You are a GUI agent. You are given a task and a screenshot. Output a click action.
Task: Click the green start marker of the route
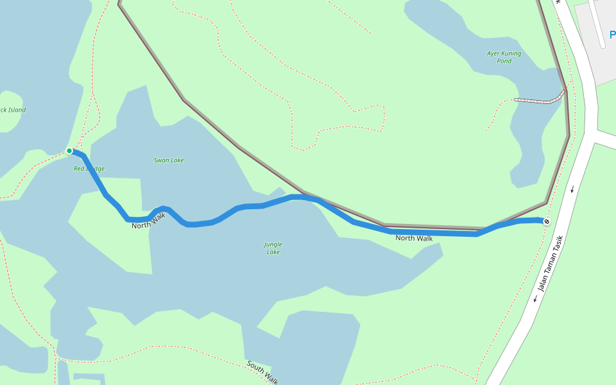(69, 151)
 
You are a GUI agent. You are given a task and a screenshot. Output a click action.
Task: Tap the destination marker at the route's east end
(547, 221)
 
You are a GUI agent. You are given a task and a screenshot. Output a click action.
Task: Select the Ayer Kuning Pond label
(504, 57)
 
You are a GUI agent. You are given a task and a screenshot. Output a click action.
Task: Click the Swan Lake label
(169, 160)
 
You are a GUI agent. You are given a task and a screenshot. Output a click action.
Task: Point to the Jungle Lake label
(273, 248)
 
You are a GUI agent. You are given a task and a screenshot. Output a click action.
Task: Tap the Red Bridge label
(89, 169)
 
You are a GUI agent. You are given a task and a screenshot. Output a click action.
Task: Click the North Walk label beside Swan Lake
(149, 221)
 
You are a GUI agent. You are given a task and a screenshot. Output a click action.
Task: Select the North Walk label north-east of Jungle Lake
(414, 238)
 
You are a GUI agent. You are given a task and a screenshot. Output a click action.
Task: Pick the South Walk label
(262, 372)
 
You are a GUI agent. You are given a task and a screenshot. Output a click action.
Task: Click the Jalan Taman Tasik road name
(551, 264)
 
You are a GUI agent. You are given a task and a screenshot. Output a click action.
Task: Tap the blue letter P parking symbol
(612, 35)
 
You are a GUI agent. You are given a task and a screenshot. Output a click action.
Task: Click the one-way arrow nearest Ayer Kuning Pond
(572, 189)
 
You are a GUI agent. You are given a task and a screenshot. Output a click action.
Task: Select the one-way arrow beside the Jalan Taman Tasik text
(535, 298)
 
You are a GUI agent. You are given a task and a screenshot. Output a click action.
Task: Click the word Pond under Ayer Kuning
(504, 61)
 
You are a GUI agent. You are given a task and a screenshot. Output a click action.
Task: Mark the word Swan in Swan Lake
(160, 160)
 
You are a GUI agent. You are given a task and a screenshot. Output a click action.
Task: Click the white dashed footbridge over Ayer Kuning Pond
(539, 100)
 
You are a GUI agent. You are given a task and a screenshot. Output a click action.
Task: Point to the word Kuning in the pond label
(512, 53)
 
